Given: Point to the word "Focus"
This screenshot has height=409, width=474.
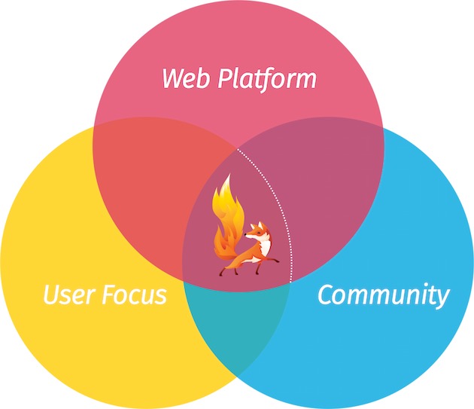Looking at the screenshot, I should pos(135,295).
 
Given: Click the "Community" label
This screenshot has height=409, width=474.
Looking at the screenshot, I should pos(383,295).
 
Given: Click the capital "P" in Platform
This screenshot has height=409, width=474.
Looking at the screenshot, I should pos(228,78).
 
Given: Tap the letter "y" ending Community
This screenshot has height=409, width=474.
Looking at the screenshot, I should pos(442,299).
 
